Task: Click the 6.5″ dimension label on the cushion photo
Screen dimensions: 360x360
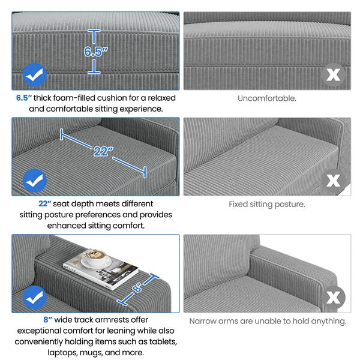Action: point(96,52)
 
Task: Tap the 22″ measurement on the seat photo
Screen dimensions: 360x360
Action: point(103,151)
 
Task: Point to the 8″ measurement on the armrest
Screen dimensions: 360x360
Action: point(137,287)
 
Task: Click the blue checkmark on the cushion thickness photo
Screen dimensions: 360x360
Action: point(35,75)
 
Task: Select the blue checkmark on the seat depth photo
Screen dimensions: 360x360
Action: point(35,181)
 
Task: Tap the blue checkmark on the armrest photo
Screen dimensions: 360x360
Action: point(35,298)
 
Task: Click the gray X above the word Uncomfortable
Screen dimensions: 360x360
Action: point(334,75)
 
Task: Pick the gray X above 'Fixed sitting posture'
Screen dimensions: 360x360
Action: point(334,181)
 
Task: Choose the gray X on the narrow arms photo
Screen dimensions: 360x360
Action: point(334,298)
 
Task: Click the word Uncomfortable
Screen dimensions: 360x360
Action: point(267,98)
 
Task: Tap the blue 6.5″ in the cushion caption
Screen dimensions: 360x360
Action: point(23,98)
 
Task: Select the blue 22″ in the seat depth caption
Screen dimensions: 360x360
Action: point(44,203)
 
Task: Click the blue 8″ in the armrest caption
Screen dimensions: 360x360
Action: point(48,320)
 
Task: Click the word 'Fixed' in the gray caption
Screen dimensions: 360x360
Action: point(238,204)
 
